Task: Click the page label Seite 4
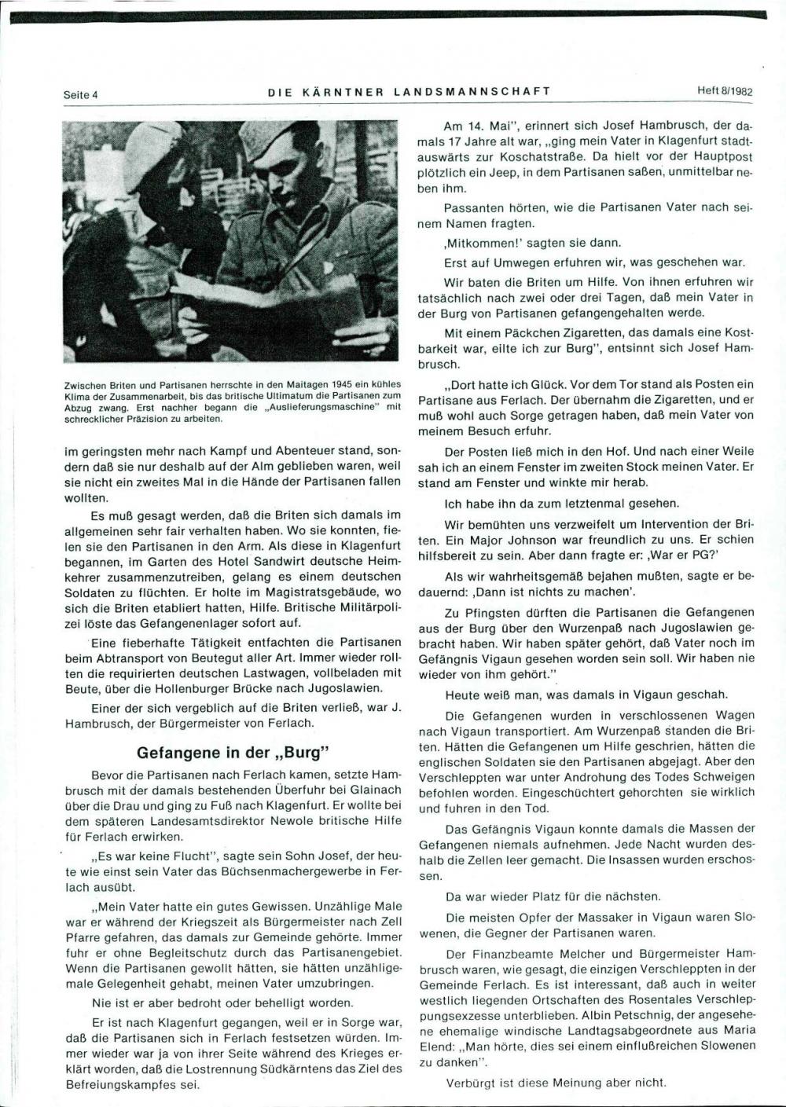80,94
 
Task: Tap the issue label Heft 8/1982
725,90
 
